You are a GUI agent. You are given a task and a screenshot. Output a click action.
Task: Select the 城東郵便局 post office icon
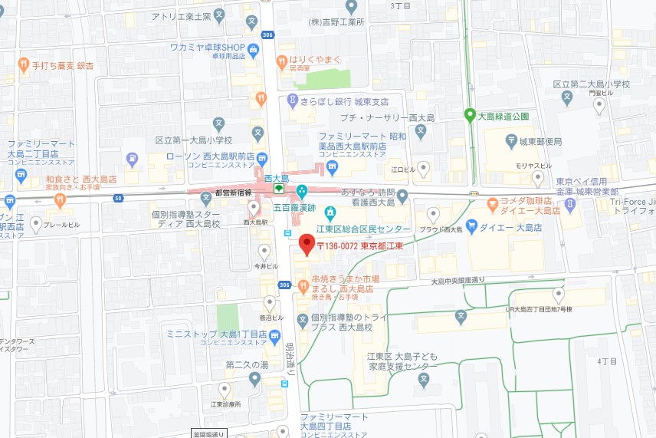point(511,141)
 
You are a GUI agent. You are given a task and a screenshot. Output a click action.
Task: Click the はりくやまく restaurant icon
point(282,61)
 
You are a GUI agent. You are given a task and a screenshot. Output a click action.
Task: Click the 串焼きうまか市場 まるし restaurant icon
point(303,286)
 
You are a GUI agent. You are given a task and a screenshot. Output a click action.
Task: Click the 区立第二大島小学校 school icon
point(567,97)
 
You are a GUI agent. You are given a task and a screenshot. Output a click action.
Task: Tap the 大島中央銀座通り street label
point(468,280)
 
